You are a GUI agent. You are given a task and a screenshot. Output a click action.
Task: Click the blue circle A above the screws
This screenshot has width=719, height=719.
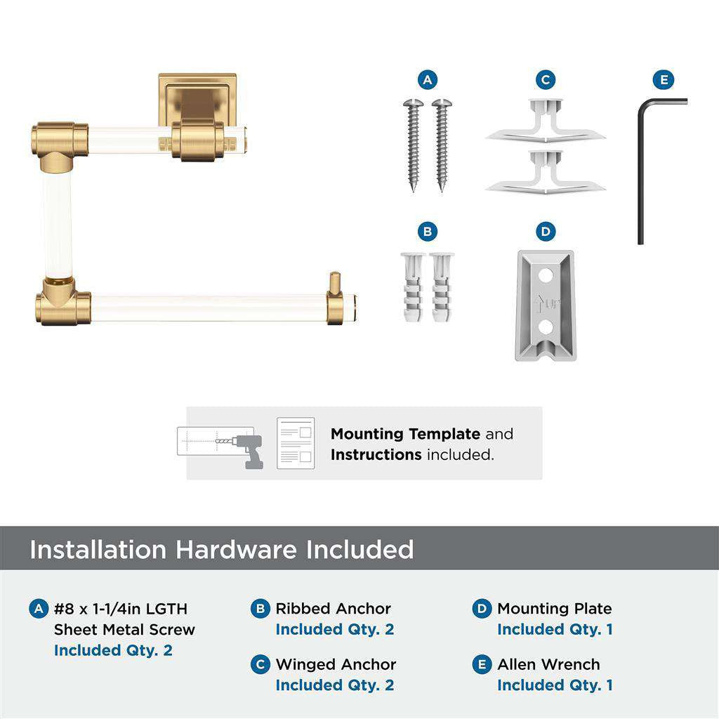tap(427, 79)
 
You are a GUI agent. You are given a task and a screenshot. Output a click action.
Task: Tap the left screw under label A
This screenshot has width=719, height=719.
tap(413, 144)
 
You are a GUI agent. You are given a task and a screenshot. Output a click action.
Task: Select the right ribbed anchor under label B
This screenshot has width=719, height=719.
tap(442, 286)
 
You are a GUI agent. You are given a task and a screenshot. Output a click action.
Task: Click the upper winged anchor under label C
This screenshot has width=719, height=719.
tap(546, 123)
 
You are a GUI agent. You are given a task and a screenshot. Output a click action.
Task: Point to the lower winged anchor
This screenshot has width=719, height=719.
tap(546, 172)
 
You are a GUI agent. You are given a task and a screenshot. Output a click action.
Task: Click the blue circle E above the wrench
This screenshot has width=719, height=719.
tap(663, 79)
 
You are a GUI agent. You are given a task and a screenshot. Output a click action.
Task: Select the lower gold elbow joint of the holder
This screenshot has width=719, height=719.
tap(61, 303)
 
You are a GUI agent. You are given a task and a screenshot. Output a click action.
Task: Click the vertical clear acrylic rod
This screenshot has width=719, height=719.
tap(56, 225)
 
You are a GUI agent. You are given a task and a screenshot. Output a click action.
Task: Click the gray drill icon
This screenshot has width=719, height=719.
tap(246, 449)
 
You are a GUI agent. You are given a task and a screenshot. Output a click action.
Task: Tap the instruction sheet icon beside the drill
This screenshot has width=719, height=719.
tap(296, 444)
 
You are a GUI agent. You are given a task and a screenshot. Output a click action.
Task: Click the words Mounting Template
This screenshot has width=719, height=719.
tap(405, 434)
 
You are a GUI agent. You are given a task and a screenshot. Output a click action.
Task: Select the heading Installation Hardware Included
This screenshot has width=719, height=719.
tap(221, 549)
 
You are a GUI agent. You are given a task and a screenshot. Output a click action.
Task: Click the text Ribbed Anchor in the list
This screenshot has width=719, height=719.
tap(333, 609)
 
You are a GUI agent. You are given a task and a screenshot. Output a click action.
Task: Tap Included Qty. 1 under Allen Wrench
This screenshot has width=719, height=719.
tap(555, 685)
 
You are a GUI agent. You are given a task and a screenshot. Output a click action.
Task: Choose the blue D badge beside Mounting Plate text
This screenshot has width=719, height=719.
tap(482, 609)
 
